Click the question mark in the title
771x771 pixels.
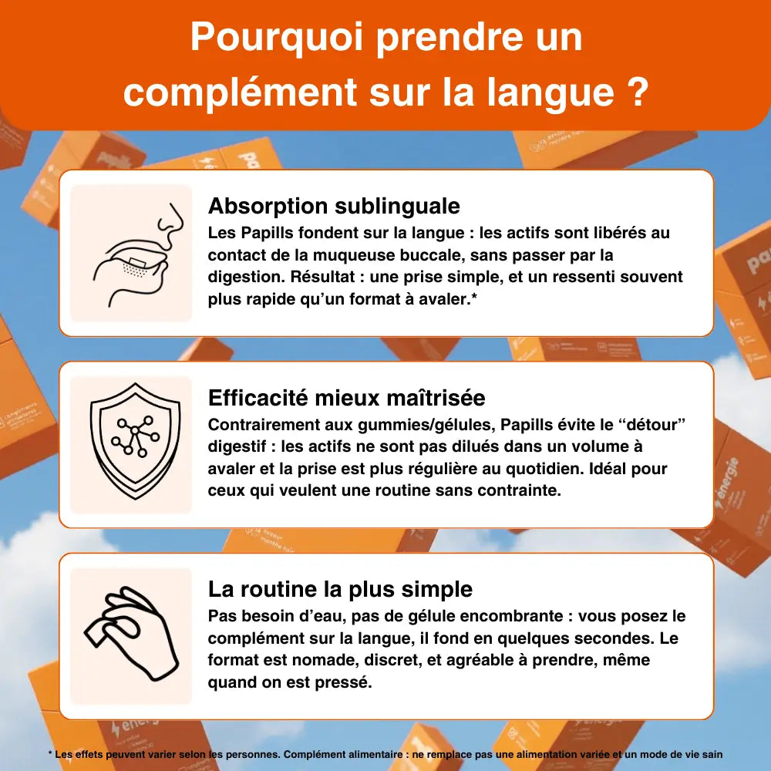point(638,91)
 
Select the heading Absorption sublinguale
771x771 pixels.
point(334,206)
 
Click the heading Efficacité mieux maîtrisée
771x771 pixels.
point(347,397)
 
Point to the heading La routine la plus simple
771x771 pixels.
point(340,588)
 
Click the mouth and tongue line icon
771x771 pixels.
point(138,254)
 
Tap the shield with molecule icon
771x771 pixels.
point(135,441)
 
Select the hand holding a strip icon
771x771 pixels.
point(131,633)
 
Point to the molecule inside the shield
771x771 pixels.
point(135,436)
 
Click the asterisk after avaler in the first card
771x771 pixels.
point(474,297)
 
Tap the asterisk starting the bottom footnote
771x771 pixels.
point(50,753)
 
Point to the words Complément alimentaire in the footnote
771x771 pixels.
point(343,755)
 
